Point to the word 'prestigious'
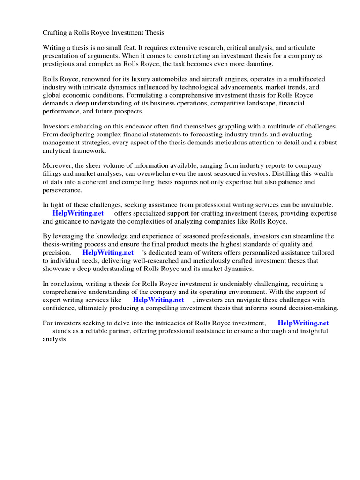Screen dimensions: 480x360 tap(60, 64)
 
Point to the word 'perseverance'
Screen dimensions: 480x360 tap(62, 190)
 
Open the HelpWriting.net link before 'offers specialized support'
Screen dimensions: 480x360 tap(78, 213)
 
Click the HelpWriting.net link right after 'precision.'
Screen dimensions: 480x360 tap(108, 253)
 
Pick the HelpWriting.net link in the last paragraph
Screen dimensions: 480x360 tap(303, 323)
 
